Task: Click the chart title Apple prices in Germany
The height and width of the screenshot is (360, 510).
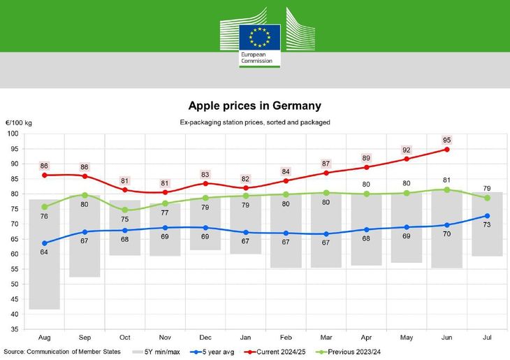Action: click(x=255, y=106)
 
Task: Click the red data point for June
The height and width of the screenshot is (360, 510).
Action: click(x=446, y=149)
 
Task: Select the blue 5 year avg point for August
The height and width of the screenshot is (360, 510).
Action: click(x=45, y=243)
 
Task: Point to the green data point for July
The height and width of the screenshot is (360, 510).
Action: click(x=487, y=198)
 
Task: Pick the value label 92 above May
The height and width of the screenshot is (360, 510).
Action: click(x=407, y=150)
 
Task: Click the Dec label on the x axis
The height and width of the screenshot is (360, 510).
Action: click(x=205, y=337)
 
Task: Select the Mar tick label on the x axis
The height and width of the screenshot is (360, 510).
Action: click(x=326, y=337)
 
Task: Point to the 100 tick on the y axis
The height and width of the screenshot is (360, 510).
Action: click(x=13, y=134)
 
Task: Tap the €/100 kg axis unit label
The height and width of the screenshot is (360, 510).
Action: click(x=19, y=123)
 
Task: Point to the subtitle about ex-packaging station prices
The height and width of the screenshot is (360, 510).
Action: click(x=255, y=122)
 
